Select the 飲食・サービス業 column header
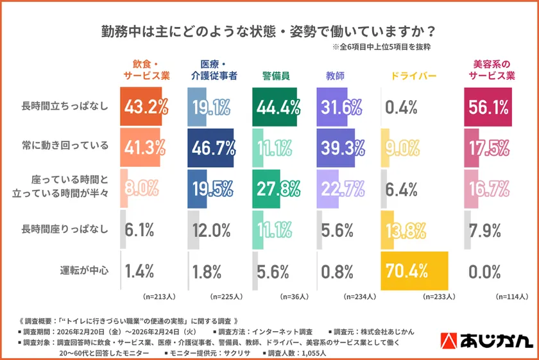[x=146, y=70]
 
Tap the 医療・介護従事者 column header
[x=214, y=70]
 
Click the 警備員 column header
[x=275, y=75]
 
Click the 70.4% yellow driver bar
[x=415, y=270]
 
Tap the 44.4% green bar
[x=276, y=107]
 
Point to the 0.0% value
[x=484, y=270]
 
